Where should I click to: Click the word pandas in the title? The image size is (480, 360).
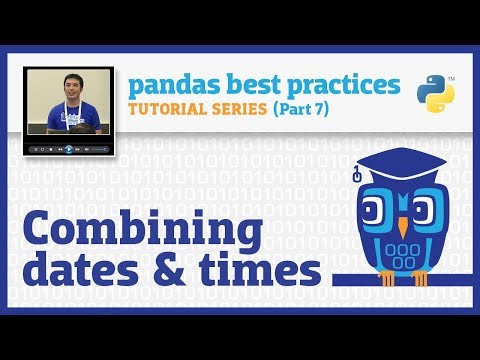tap(166, 83)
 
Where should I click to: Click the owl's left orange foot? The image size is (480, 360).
tap(384, 279)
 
